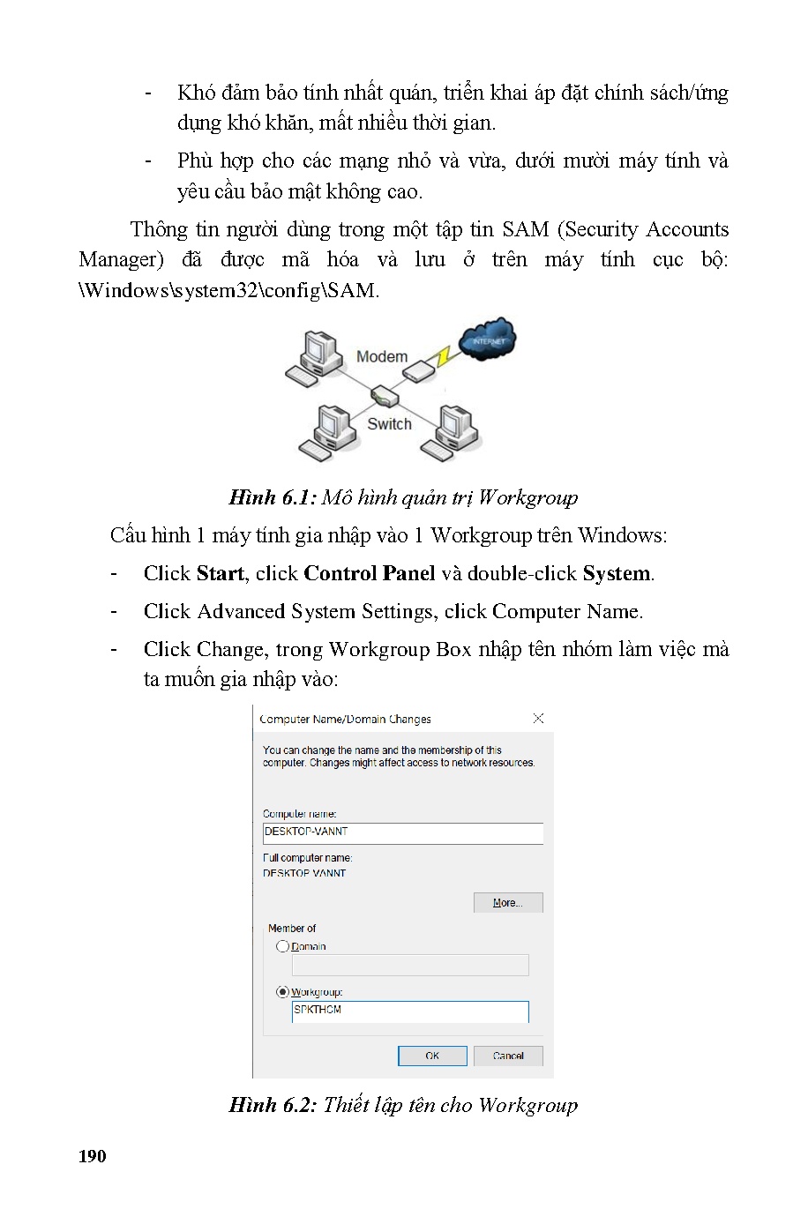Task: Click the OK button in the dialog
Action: (432, 1056)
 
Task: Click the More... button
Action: (508, 902)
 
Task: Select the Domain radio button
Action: (283, 946)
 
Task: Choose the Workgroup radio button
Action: (283, 992)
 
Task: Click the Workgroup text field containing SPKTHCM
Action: (410, 1011)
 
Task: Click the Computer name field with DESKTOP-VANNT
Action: (402, 832)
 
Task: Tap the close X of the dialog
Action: (538, 719)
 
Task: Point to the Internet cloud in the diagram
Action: (489, 340)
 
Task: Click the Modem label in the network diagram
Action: (382, 356)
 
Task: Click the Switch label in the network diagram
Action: (389, 424)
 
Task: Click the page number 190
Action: (93, 1156)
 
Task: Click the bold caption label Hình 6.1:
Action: (272, 497)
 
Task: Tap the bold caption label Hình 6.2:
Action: (272, 1105)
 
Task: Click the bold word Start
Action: (220, 573)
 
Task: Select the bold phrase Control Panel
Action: (369, 573)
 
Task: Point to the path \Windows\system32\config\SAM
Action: (229, 290)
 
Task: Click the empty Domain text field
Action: (410, 966)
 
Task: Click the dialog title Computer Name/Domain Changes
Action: (346, 719)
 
